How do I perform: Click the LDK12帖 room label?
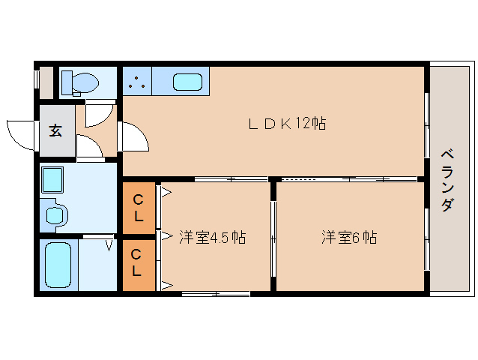pyautogui.click(x=287, y=124)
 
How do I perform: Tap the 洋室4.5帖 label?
pyautogui.click(x=213, y=237)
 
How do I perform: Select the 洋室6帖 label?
pyautogui.click(x=349, y=237)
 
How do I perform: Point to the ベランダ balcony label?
pyautogui.click(x=448, y=180)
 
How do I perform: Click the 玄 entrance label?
pyautogui.click(x=55, y=130)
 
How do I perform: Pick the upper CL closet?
pyautogui.click(x=139, y=208)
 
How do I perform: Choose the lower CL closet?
pyautogui.click(x=139, y=265)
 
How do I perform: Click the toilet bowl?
pyautogui.click(x=85, y=82)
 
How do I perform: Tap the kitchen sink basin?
pyautogui.click(x=188, y=82)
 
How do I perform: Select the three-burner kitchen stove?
pyautogui.click(x=137, y=82)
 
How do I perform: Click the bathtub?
pyautogui.click(x=58, y=265)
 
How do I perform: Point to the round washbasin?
pyautogui.click(x=55, y=216)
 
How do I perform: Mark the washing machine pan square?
pyautogui.click(x=52, y=180)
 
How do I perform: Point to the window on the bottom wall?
pyautogui.click(x=216, y=294)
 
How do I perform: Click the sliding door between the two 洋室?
pyautogui.click(x=273, y=239)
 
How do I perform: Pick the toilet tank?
pyautogui.click(x=67, y=82)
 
